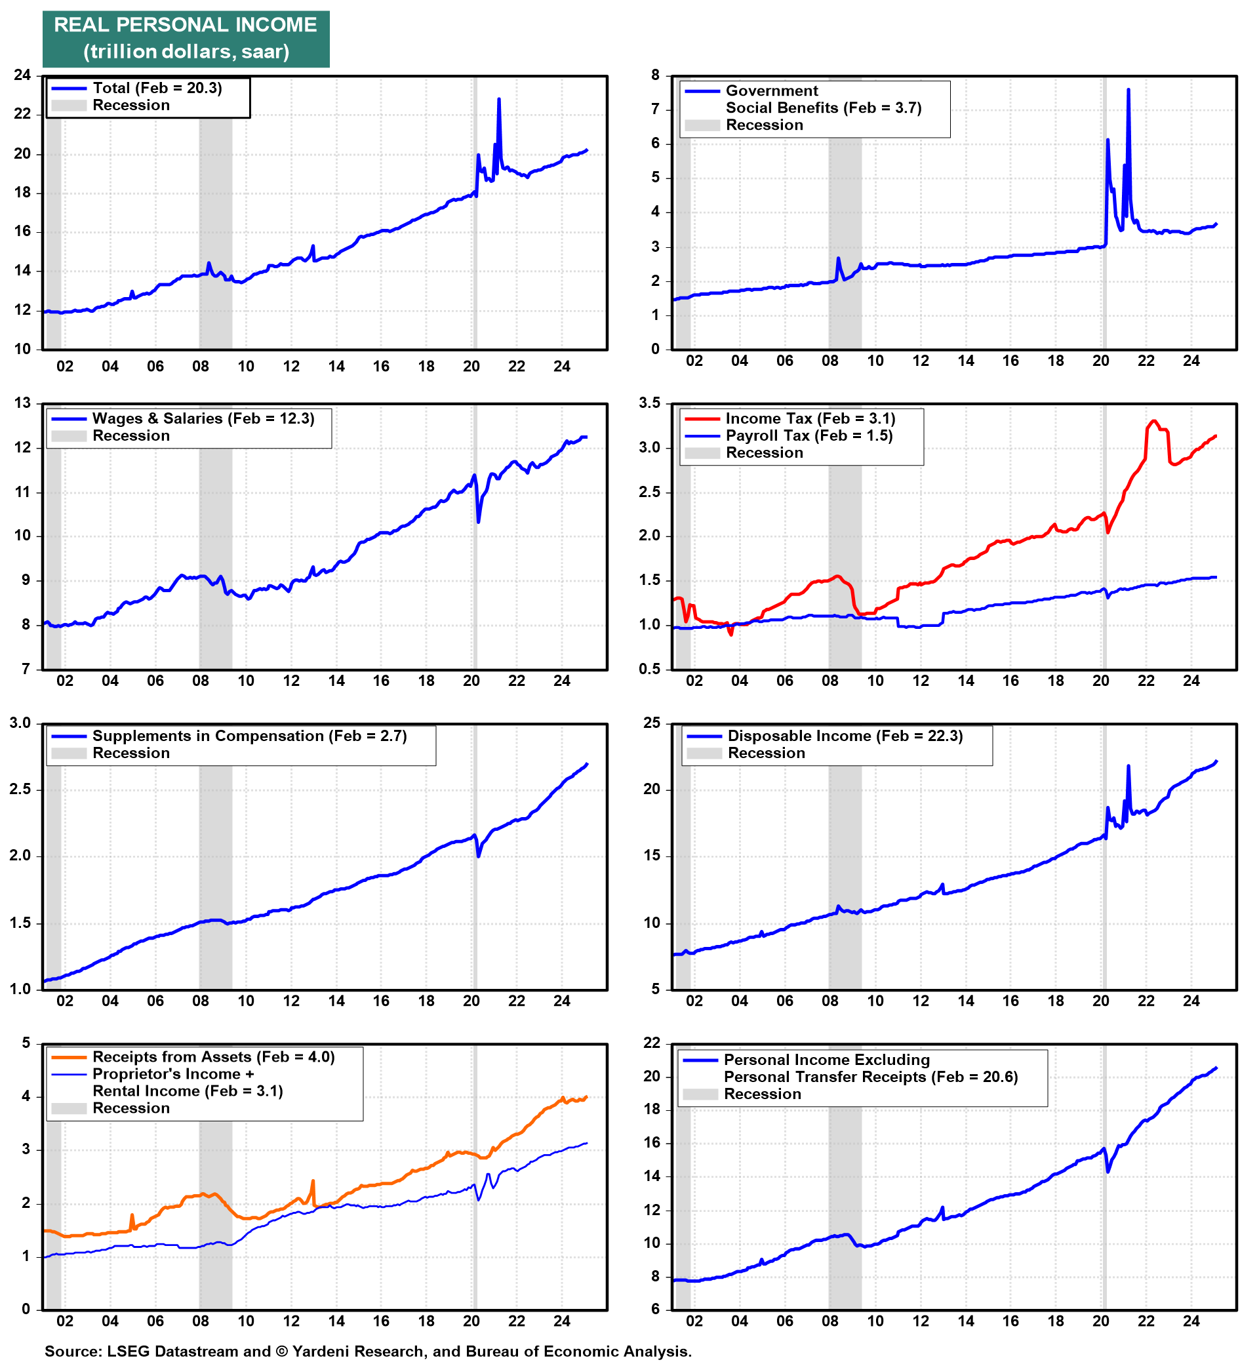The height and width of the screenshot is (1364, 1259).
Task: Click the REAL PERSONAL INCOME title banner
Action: (186, 38)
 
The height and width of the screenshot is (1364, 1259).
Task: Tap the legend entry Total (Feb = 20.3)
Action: (157, 88)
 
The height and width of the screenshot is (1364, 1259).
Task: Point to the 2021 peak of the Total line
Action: (499, 100)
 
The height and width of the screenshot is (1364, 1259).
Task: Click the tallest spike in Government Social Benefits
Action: (1129, 90)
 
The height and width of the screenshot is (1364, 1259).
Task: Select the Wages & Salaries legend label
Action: (203, 418)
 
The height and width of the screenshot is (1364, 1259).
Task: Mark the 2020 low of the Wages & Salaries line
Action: (478, 522)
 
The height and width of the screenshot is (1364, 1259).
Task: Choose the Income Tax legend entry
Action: (809, 418)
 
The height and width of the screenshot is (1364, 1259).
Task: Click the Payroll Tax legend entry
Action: (808, 435)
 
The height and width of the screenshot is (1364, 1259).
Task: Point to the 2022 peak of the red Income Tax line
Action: (1153, 421)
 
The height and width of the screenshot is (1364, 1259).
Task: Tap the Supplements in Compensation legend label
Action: (249, 736)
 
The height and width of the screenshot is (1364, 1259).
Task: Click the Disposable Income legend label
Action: (845, 736)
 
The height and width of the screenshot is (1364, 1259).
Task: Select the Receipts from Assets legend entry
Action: (213, 1056)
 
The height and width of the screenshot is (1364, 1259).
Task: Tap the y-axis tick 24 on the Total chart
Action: (22, 75)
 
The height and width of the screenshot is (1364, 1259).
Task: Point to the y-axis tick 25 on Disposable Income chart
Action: (652, 723)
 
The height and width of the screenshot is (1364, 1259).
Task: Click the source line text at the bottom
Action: (368, 1350)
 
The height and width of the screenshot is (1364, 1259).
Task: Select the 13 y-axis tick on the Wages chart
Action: (22, 403)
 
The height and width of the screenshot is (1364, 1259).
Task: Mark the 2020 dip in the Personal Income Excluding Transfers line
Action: (1108, 1172)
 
